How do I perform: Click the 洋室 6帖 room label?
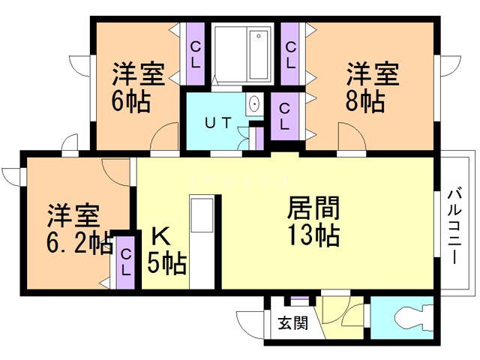(x=138, y=88)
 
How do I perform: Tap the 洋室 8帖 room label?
(x=371, y=88)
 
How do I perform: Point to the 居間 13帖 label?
(x=313, y=220)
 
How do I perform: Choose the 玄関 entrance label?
(x=292, y=323)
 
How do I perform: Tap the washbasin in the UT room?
(x=253, y=104)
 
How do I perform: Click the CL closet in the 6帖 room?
(x=195, y=55)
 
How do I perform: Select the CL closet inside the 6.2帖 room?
(x=126, y=262)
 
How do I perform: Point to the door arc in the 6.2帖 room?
(x=116, y=172)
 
